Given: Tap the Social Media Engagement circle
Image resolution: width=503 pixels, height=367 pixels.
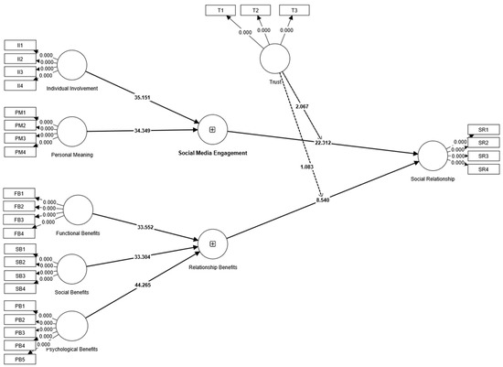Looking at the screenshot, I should click(x=212, y=129).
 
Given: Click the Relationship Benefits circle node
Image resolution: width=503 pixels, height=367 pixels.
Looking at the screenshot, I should click(x=212, y=243).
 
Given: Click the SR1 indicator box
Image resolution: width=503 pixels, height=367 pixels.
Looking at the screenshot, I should click(x=483, y=130).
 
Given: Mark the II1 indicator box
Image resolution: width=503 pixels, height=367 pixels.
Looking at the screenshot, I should click(x=18, y=45).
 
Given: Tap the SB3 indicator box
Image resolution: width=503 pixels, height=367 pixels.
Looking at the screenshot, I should click(x=18, y=275).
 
